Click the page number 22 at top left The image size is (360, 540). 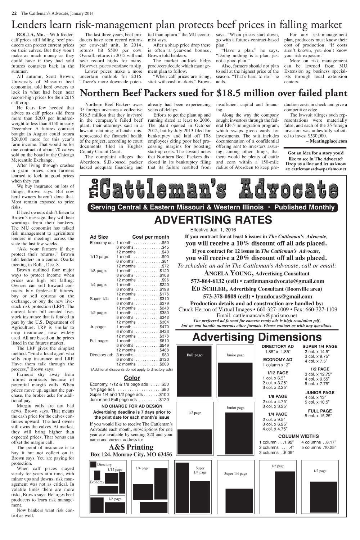pyautogui.click(x=14, y=14)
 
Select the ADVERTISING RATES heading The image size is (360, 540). pyautogui.click(x=213, y=220)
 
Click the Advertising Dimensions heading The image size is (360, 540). pyautogui.click(x=257, y=337)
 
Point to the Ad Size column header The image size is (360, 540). pyautogui.click(x=99, y=237)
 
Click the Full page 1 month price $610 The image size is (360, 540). pyautogui.click(x=164, y=341)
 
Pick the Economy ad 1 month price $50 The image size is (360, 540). pyautogui.click(x=165, y=242)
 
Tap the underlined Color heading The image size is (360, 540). pyautogui.click(x=131, y=378)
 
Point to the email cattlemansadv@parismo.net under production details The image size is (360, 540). pyautogui.click(x=257, y=315)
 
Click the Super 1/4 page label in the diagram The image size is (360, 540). pyautogui.click(x=235, y=473)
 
